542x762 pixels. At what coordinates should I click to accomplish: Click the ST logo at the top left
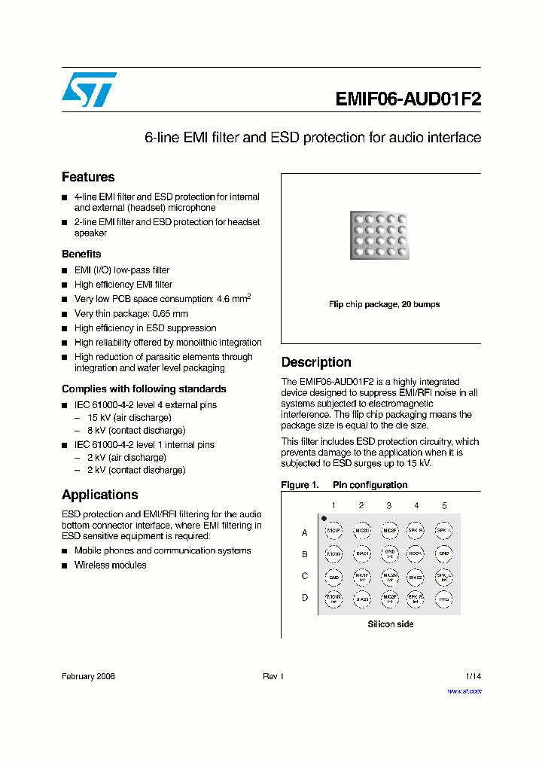pos(89,90)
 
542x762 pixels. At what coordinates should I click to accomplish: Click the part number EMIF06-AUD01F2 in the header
pos(407,99)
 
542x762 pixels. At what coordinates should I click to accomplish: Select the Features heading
pos(88,177)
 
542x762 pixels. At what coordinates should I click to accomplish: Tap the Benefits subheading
pos(81,254)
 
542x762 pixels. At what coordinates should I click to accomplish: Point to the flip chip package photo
pos(380,235)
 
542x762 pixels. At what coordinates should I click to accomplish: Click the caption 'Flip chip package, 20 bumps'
pos(384,304)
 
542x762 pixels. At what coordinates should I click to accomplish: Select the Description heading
pos(316,362)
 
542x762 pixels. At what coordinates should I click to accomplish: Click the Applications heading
pos(99,495)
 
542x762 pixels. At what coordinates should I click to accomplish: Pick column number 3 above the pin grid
pos(388,506)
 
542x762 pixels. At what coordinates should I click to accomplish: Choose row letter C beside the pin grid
pos(305,576)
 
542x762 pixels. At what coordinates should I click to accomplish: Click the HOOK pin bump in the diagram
pos(416,554)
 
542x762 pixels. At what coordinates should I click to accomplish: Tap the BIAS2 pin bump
pos(416,577)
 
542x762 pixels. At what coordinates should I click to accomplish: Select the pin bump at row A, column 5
pos(444,532)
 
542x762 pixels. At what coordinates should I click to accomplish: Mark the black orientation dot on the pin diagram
pos(324,518)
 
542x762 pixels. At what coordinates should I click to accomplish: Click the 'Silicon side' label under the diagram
pos(390,624)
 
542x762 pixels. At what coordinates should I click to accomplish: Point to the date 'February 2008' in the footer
pos(88,676)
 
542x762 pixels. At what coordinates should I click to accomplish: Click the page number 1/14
pos(473,676)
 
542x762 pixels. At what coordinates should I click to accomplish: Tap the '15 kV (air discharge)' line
pos(129,417)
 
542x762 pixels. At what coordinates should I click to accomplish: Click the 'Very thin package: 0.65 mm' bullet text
pos(131,313)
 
